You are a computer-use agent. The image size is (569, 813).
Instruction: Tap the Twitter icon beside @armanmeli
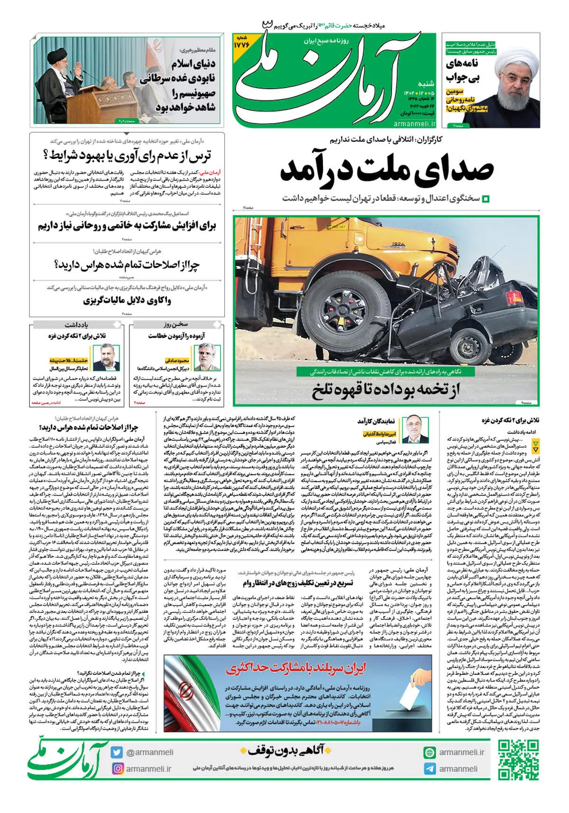[x=117, y=752]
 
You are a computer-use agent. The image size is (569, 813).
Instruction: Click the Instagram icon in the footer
[x=118, y=768]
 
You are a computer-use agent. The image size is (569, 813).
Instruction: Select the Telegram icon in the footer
[x=430, y=769]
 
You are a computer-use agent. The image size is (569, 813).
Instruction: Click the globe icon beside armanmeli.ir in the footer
[x=430, y=752]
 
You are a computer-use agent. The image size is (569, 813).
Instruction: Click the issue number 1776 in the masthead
[x=241, y=44]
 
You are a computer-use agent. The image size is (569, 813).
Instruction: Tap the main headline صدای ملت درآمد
[x=386, y=169]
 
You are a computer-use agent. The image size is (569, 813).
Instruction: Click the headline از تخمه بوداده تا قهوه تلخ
[x=386, y=390]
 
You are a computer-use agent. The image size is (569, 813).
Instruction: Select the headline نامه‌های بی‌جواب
[x=462, y=70]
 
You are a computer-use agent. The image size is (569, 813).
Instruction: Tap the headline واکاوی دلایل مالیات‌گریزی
[x=127, y=300]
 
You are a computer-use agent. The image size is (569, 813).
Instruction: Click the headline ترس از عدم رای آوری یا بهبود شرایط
[x=127, y=155]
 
